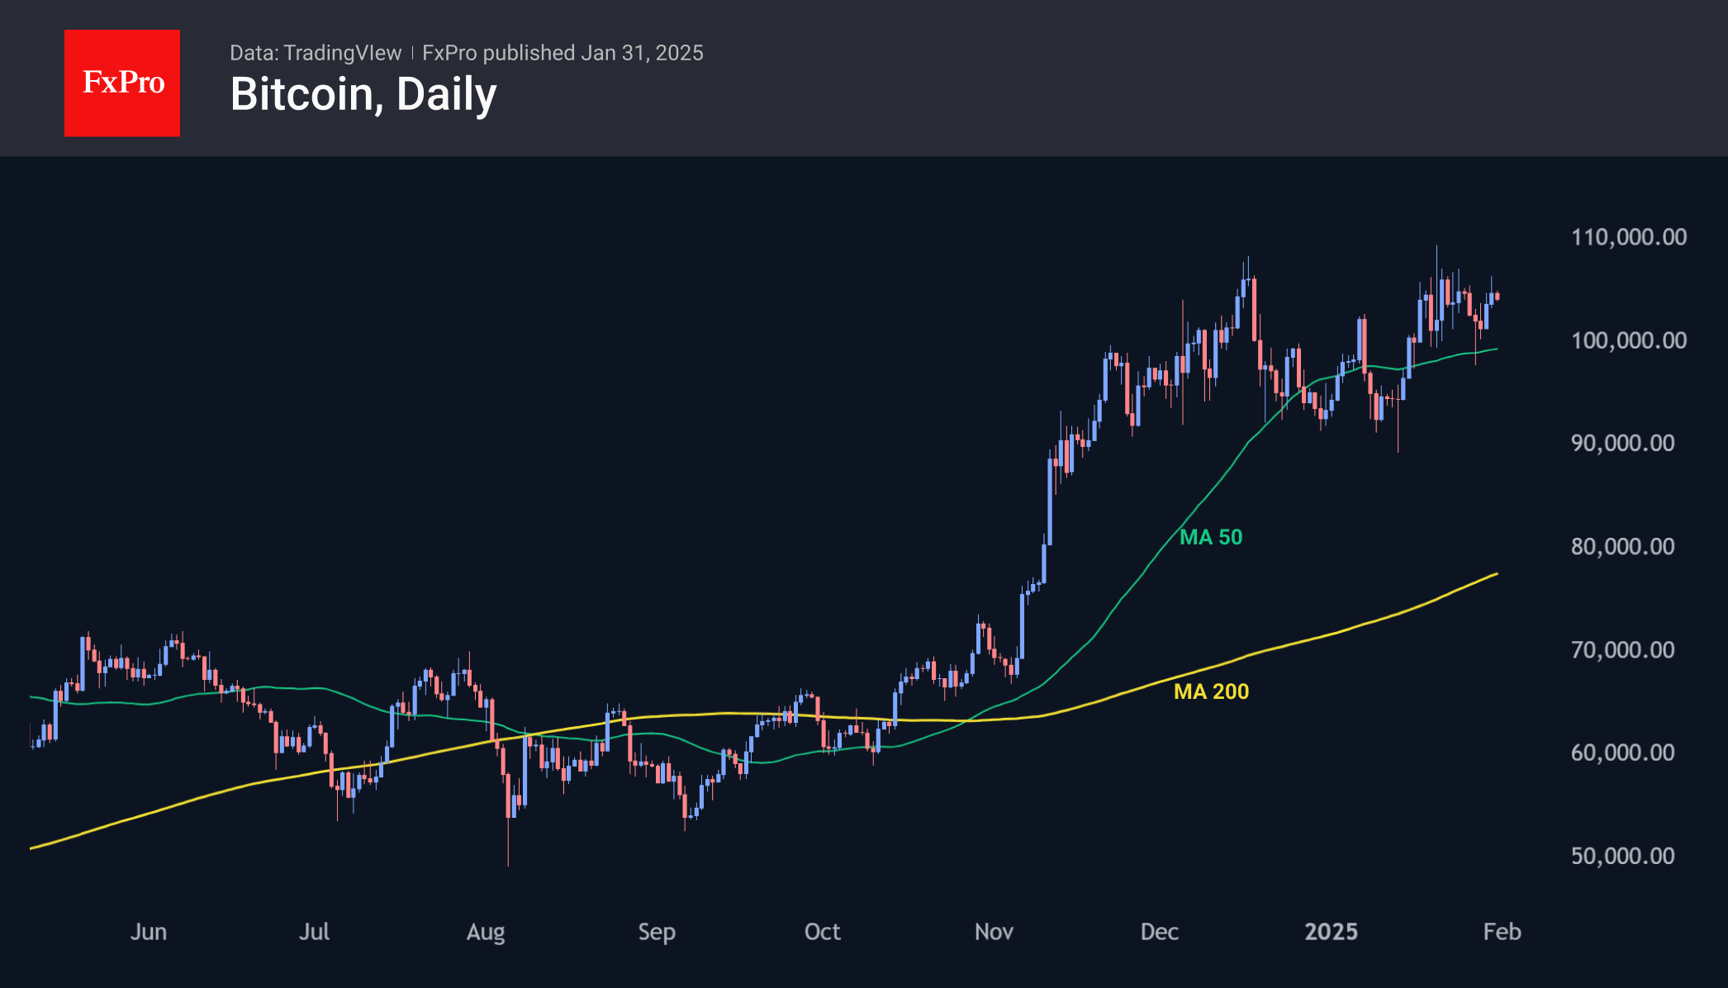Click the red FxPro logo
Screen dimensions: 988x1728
[122, 83]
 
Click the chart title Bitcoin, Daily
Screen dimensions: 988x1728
[363, 94]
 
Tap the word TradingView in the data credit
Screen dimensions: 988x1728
[342, 53]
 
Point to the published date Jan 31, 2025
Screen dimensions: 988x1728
[642, 53]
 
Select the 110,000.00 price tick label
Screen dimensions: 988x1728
[1628, 237]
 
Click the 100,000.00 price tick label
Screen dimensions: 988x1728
[1628, 340]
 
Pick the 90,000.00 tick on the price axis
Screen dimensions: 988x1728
[1622, 443]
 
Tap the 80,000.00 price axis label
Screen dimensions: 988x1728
[1622, 546]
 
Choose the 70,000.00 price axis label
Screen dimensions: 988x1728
[1622, 649]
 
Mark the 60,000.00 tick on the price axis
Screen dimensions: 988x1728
[1622, 753]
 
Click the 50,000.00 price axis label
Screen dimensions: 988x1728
[1622, 856]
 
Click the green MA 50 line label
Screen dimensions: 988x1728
[1210, 537]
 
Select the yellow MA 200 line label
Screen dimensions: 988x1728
[1211, 691]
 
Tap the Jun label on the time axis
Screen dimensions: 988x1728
[149, 932]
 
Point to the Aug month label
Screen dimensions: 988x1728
[486, 932]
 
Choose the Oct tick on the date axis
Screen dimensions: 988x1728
[822, 932]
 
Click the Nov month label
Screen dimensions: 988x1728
[994, 932]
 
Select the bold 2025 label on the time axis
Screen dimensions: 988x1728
[1331, 932]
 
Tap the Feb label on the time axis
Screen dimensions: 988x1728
[1502, 932]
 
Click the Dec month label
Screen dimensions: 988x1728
[1159, 932]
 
